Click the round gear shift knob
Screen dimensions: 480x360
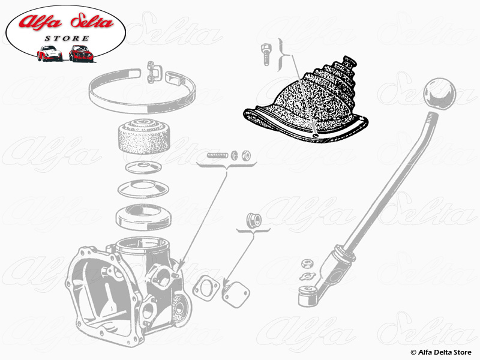pos(439,94)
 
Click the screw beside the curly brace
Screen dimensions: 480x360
pos(266,55)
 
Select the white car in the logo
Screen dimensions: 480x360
pos(50,53)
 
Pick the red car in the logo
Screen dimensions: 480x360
pos(81,53)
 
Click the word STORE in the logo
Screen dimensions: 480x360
pos(67,38)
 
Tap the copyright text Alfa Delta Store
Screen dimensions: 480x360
pos(441,352)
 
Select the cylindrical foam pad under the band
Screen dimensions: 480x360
pos(143,136)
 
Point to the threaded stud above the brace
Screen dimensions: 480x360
pos(217,155)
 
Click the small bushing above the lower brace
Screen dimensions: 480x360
pos(254,220)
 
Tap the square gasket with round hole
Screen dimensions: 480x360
pos(206,288)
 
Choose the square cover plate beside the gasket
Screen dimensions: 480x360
pos(236,293)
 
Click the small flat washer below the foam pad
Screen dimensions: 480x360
pos(143,167)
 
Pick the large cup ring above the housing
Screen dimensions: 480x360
pos(143,217)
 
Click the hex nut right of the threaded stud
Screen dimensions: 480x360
pos(245,156)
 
